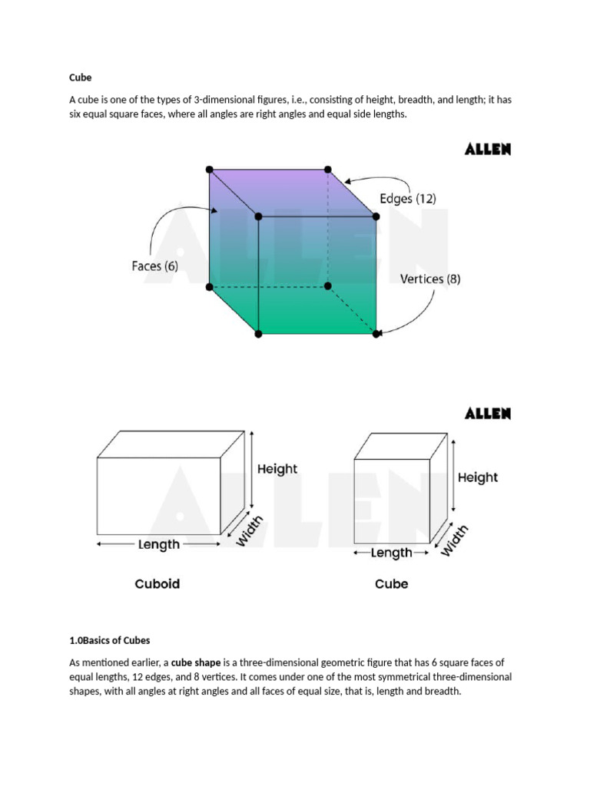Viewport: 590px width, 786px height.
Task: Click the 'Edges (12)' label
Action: [x=408, y=198]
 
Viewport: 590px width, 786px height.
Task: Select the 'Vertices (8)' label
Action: [x=430, y=279]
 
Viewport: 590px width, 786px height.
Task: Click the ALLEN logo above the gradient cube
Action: [x=488, y=149]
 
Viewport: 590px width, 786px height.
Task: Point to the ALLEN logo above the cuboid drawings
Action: [x=488, y=414]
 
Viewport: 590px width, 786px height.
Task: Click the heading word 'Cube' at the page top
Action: [x=81, y=78]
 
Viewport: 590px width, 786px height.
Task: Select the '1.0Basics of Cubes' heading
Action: [x=109, y=640]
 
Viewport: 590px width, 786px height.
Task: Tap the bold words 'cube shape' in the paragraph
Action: [x=195, y=662]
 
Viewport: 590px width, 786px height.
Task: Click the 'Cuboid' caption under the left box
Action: [x=157, y=584]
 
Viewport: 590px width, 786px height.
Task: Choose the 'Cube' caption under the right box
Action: [x=391, y=584]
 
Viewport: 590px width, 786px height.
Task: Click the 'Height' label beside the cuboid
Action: [x=277, y=469]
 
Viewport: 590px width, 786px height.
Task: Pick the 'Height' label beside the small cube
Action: [x=478, y=477]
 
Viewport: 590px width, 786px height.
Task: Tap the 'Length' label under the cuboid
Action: [x=159, y=544]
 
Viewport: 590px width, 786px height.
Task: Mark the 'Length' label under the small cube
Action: [x=392, y=553]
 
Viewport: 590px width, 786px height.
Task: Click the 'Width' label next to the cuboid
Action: [x=249, y=531]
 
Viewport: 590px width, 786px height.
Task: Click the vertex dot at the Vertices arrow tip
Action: [x=376, y=333]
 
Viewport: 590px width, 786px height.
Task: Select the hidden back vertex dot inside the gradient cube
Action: [x=328, y=286]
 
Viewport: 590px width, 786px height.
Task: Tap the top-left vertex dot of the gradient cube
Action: [x=210, y=169]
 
